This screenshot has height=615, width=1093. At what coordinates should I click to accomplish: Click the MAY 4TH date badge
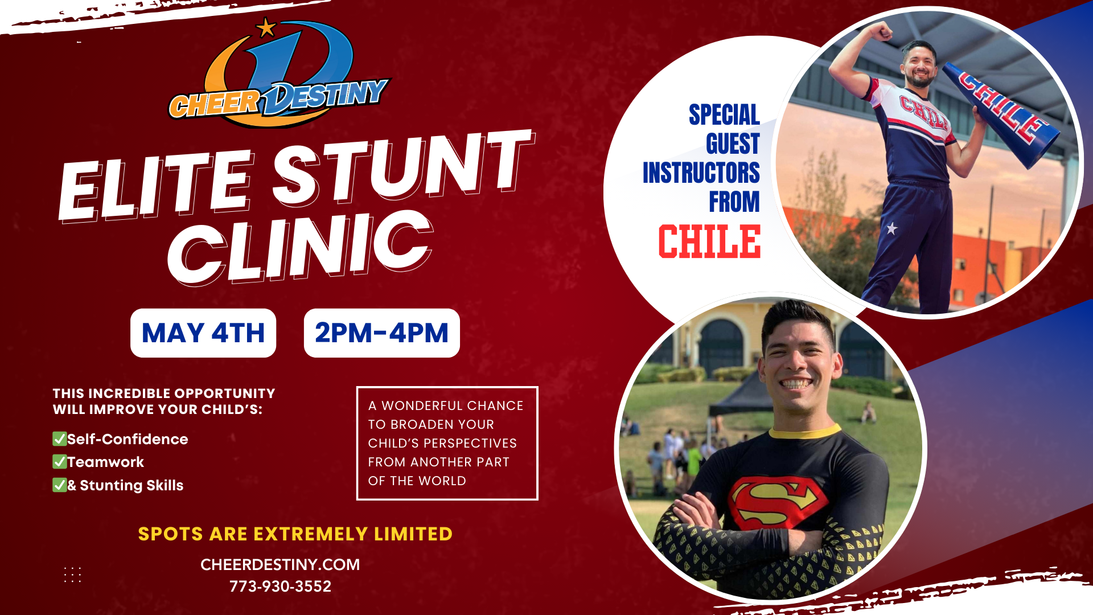tap(203, 333)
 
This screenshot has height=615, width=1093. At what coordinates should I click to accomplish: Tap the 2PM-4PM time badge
tap(382, 333)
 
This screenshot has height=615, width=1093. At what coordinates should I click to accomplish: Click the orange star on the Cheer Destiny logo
tap(266, 27)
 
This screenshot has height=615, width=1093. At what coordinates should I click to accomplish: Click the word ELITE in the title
tap(155, 185)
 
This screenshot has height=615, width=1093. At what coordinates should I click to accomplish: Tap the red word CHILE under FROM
tap(709, 241)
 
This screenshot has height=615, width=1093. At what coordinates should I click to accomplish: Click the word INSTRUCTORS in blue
tap(701, 173)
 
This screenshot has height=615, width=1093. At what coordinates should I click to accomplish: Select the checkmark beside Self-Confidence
tap(59, 438)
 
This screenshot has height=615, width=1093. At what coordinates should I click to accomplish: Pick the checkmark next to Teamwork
tap(59, 461)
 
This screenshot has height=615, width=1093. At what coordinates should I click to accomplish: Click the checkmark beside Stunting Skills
tap(59, 485)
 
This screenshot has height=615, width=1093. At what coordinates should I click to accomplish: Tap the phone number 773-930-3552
tap(280, 586)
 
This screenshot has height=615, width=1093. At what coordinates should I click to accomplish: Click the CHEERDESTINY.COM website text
tap(280, 564)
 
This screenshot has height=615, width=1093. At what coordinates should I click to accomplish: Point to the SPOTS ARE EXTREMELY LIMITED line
tap(295, 534)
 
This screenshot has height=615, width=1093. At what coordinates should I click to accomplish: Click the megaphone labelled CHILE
tap(1001, 113)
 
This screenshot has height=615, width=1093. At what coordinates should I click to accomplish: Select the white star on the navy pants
tap(891, 228)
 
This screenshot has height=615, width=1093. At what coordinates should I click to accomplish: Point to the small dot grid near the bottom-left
tap(72, 575)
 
